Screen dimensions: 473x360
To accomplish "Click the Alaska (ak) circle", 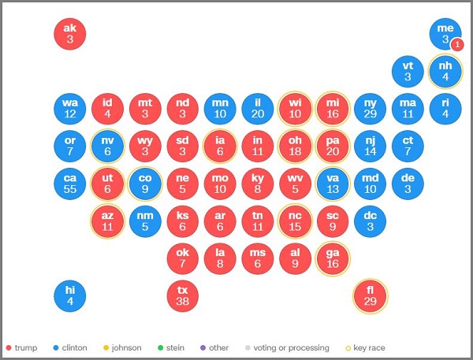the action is click(x=70, y=34).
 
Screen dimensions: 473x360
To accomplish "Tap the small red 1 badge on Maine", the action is click(x=457, y=45).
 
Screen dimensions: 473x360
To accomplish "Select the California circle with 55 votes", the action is click(x=70, y=184).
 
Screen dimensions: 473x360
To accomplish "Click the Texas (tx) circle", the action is click(x=183, y=295).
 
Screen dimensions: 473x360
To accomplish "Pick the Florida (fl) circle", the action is click(x=371, y=295).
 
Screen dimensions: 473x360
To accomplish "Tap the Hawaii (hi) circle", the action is click(x=70, y=295).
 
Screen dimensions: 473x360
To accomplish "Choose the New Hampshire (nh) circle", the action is click(x=445, y=72).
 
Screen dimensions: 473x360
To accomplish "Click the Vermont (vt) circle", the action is click(x=408, y=72).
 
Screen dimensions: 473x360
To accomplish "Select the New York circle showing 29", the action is click(x=371, y=109).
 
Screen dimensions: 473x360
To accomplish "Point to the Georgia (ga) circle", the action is click(x=333, y=258).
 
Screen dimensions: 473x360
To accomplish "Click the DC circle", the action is click(x=371, y=221).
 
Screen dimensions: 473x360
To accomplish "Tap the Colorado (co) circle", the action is click(x=145, y=184).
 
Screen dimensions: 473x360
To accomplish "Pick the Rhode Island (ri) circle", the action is click(x=445, y=109).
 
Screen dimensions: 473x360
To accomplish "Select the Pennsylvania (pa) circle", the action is click(x=333, y=147).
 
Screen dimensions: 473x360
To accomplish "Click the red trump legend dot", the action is click(x=9, y=348).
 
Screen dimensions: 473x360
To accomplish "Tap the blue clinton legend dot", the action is click(x=55, y=348).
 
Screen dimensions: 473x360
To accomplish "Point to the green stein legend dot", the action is click(x=160, y=348).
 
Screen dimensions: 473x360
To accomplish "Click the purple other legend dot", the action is click(x=203, y=348).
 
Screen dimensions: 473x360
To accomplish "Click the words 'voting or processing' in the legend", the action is click(x=291, y=348).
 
